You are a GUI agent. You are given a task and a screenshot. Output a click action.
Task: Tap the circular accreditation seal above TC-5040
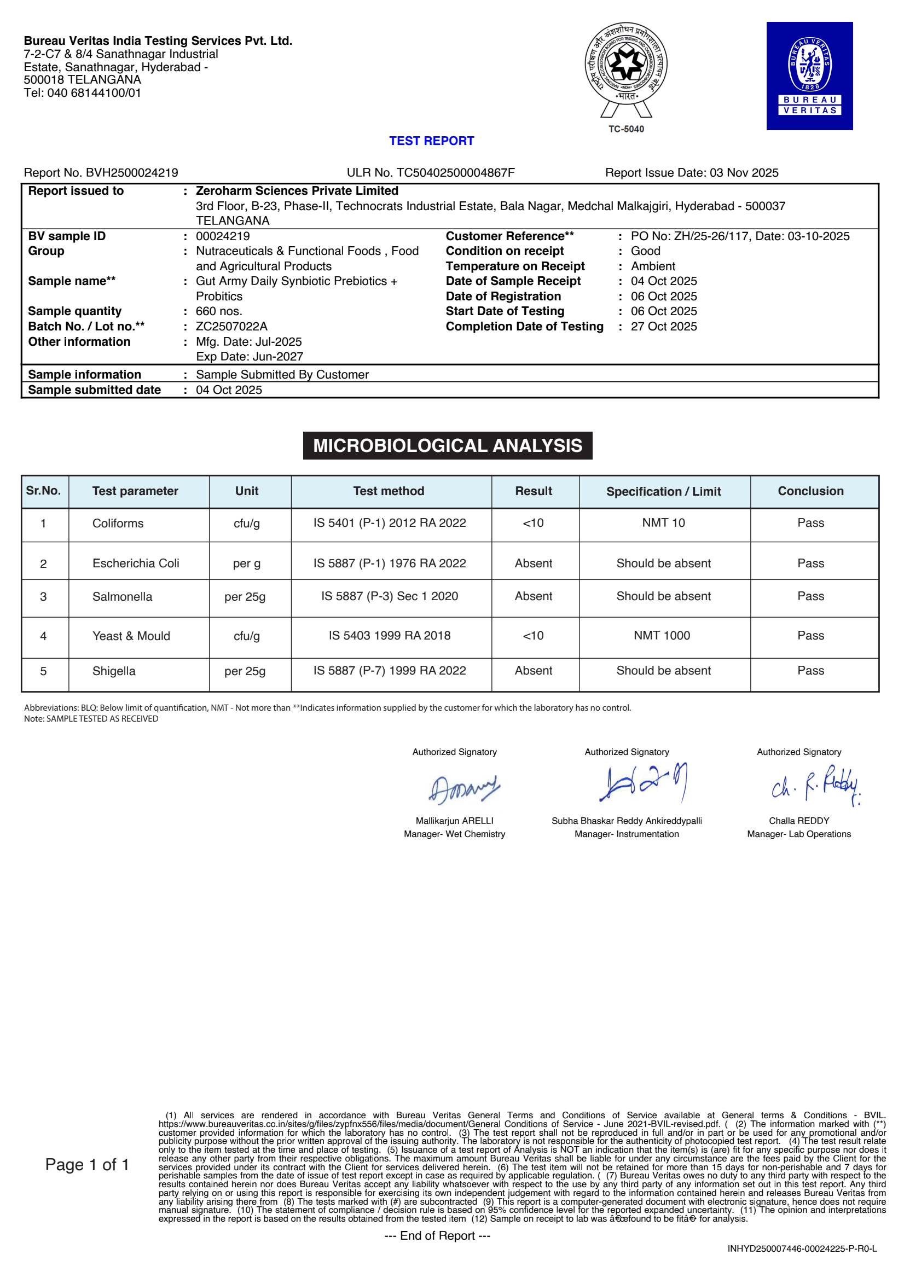(x=625, y=65)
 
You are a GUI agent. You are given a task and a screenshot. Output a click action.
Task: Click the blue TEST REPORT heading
(x=431, y=141)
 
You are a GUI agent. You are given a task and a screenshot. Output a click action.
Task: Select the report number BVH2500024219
(x=132, y=172)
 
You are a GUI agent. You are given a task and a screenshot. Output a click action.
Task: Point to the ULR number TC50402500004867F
(x=455, y=172)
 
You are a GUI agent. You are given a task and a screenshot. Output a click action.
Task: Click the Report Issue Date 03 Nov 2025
(x=744, y=172)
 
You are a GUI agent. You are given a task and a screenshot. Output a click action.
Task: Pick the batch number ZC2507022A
(x=231, y=326)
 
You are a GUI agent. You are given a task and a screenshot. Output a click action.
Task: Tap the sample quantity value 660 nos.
(x=219, y=311)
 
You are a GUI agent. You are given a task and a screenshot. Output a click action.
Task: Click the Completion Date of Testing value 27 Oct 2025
(x=664, y=326)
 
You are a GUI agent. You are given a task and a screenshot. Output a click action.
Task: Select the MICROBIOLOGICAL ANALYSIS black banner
(x=448, y=445)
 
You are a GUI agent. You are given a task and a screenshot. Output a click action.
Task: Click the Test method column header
(x=389, y=491)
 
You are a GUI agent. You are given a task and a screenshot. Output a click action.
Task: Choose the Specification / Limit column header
(x=664, y=491)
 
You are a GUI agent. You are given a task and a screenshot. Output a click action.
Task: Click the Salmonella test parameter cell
(x=123, y=597)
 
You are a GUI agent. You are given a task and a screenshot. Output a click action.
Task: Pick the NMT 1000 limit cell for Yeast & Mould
(x=662, y=636)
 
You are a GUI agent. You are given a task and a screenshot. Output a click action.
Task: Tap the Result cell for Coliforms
(x=534, y=523)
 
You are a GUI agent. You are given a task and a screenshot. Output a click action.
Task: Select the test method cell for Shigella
(x=390, y=671)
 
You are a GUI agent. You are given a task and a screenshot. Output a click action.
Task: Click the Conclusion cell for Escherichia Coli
(x=810, y=564)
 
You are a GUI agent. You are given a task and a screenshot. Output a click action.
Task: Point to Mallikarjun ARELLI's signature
(x=463, y=789)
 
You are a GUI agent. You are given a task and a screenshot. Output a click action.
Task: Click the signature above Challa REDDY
(x=815, y=785)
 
